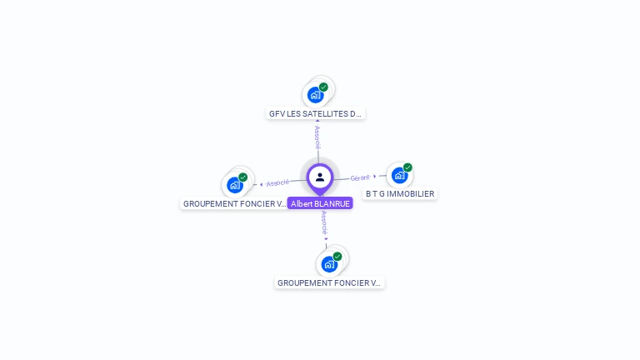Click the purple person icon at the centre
click(320, 177)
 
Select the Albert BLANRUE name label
click(320, 203)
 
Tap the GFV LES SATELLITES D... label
click(316, 113)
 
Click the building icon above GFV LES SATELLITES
click(315, 94)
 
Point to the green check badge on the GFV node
click(323, 87)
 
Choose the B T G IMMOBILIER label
click(400, 194)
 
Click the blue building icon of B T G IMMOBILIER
click(399, 176)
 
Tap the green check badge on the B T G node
click(407, 167)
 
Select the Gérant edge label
click(360, 177)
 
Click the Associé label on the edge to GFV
click(317, 137)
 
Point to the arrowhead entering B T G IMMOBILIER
click(375, 176)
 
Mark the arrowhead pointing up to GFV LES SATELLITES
click(317, 122)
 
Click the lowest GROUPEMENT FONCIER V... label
click(329, 283)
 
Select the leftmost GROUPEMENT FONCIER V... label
click(235, 203)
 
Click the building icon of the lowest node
click(329, 264)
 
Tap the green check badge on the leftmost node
click(242, 177)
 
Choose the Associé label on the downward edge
click(324, 222)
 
